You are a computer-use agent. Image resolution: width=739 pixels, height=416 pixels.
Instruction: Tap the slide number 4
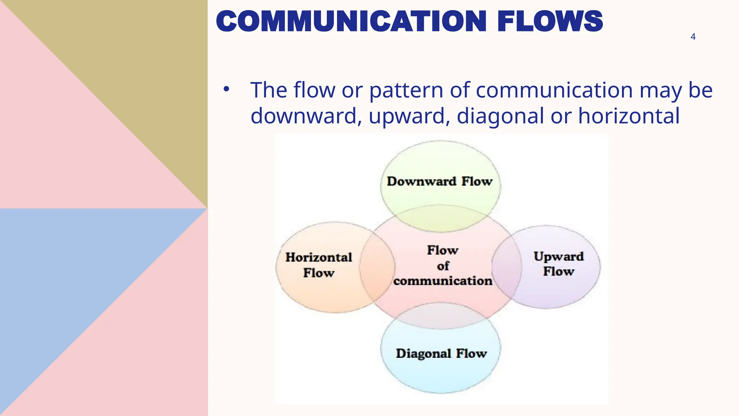pyautogui.click(x=693, y=36)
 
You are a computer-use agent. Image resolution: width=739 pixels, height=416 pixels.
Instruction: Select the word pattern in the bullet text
pyautogui.click(x=406, y=90)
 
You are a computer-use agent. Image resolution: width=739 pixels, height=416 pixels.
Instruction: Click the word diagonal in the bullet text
pyautogui.click(x=500, y=116)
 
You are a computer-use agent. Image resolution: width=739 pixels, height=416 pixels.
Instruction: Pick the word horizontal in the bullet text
pyautogui.click(x=629, y=116)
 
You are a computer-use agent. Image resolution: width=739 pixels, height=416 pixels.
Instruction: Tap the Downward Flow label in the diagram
pyautogui.click(x=440, y=181)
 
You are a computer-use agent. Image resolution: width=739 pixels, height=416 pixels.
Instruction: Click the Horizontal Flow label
pyautogui.click(x=319, y=265)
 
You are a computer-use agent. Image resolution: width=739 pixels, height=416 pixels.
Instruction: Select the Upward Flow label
pyautogui.click(x=559, y=264)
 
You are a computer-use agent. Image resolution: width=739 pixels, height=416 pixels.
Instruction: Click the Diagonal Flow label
pyautogui.click(x=441, y=353)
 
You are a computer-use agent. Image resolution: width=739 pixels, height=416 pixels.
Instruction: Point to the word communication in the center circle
pyautogui.click(x=443, y=281)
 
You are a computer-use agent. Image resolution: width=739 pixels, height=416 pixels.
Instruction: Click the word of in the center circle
pyautogui.click(x=443, y=266)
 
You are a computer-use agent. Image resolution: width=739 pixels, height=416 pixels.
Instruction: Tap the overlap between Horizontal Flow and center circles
pyautogui.click(x=377, y=267)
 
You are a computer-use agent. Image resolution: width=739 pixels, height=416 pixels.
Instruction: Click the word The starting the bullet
pyautogui.click(x=268, y=90)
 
